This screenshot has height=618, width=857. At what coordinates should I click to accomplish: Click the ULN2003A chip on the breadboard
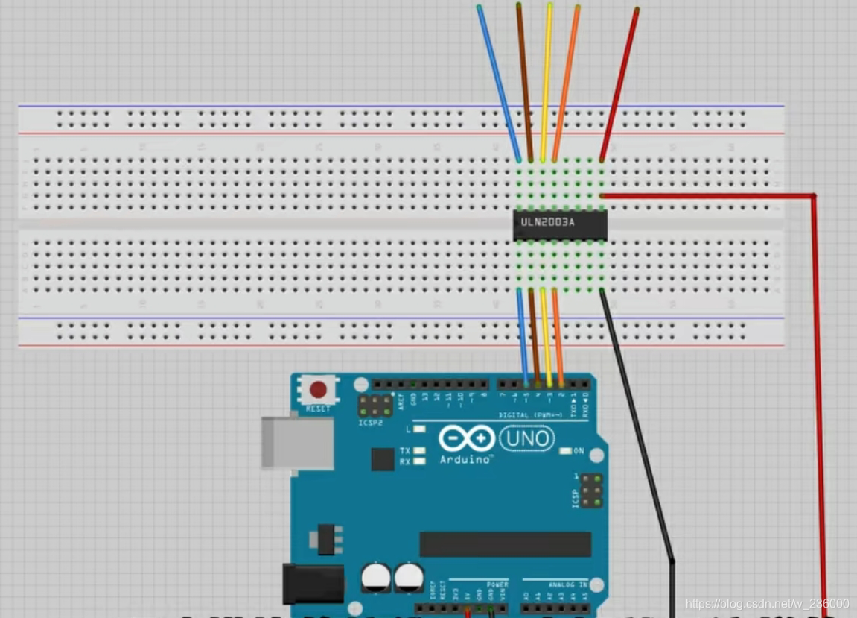click(560, 224)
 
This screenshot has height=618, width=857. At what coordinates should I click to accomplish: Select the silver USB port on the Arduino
click(297, 443)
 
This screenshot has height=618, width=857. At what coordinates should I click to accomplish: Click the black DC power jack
click(313, 583)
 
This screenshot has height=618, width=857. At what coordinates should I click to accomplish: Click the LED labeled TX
click(420, 451)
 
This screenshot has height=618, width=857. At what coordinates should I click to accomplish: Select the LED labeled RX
click(420, 461)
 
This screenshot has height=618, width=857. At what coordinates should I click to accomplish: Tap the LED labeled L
click(420, 429)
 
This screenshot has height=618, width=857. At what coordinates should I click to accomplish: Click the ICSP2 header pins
click(376, 406)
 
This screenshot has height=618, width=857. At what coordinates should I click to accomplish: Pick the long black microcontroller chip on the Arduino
click(505, 544)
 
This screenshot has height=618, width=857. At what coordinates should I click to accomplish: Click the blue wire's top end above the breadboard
click(479, 8)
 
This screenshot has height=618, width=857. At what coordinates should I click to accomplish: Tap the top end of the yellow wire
click(549, 6)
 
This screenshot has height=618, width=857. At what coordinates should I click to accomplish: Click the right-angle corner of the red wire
click(813, 196)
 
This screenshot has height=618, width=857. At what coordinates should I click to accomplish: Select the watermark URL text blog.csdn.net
click(767, 603)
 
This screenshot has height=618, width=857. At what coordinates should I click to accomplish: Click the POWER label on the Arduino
click(497, 584)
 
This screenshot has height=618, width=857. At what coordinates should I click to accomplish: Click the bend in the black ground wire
click(672, 561)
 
